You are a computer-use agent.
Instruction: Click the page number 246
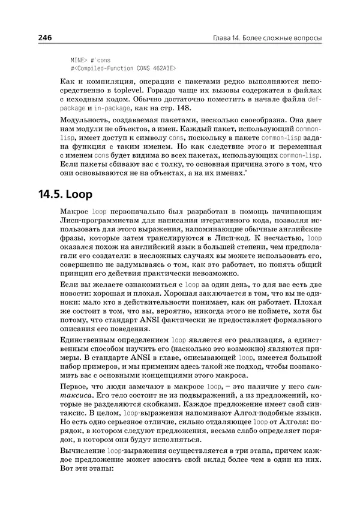pyautogui.click(x=45, y=37)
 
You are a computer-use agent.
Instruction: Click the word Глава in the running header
pyautogui.click(x=224, y=38)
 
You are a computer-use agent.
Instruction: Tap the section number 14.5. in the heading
pyautogui.click(x=53, y=196)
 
